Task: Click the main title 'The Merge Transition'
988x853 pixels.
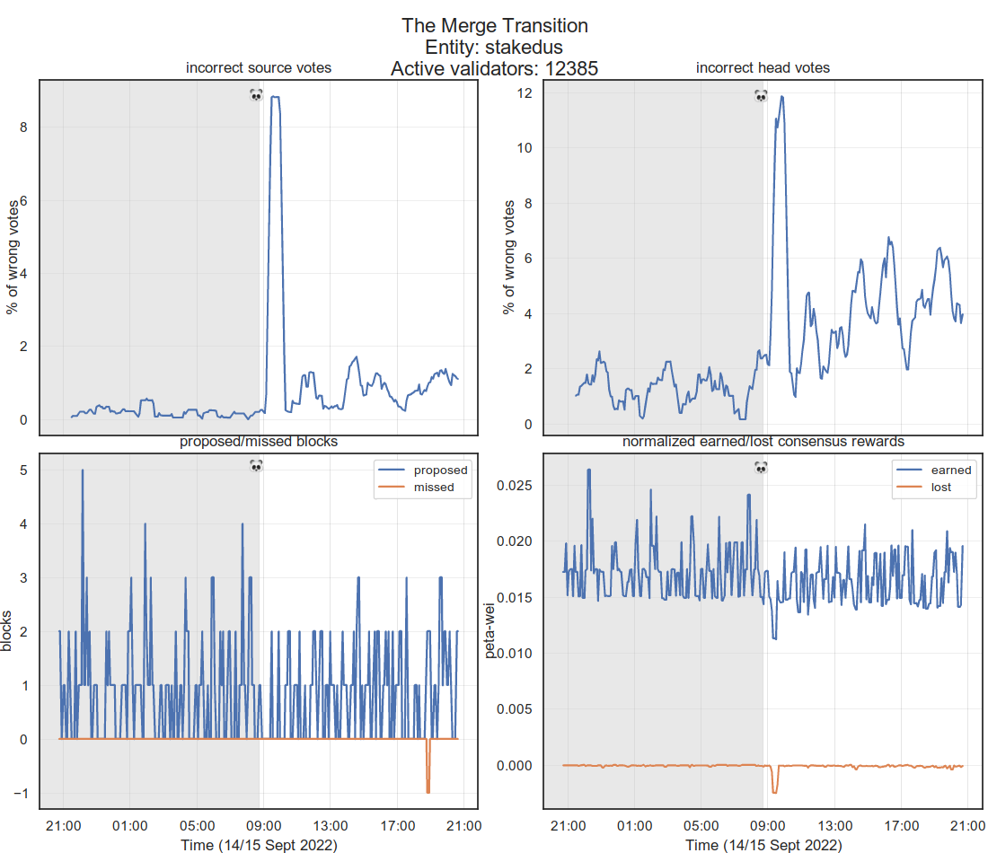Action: coord(495,26)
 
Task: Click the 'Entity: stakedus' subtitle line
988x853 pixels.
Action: coord(495,47)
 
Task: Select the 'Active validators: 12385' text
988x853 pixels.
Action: coord(495,68)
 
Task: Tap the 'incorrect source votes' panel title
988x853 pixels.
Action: coord(258,67)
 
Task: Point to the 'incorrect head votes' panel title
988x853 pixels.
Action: coord(763,67)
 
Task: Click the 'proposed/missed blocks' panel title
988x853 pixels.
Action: coord(258,442)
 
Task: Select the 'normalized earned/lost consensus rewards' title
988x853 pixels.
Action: coord(763,442)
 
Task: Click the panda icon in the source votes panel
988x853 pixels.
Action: coord(256,94)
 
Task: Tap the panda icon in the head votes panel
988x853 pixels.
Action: coord(761,94)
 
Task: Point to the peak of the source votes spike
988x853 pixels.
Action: coord(276,97)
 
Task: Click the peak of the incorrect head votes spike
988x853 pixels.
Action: coord(782,96)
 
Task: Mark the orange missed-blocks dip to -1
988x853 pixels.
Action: coord(428,791)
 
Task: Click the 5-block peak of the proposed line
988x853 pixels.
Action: coord(83,470)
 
